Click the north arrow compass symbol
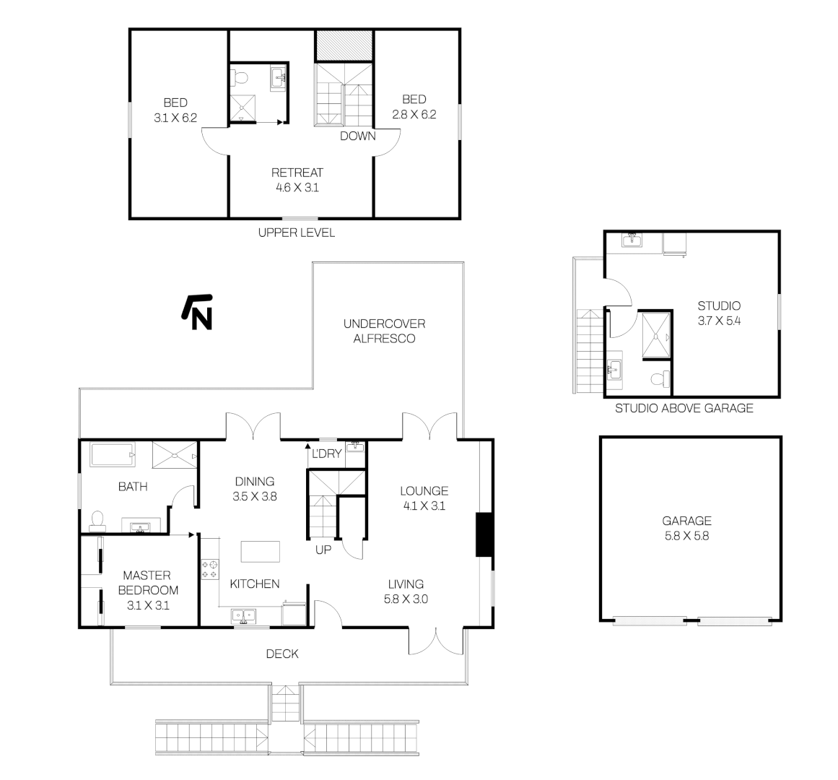coord(197,311)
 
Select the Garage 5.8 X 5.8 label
coord(687,528)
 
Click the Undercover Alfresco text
coord(384,331)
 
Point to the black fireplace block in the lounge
coord(484,534)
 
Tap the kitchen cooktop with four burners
coord(210,568)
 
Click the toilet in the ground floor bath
coord(97,519)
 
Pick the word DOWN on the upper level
coord(357,136)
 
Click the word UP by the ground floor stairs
coord(323,550)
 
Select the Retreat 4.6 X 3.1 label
coord(297,180)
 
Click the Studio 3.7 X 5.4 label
coord(718,313)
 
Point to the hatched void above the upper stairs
coord(344,45)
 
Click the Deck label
coord(282,654)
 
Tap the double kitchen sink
coord(243,615)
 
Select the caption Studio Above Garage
coord(684,409)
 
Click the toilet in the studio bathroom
coord(658,378)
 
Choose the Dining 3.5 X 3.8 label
coord(255,489)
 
